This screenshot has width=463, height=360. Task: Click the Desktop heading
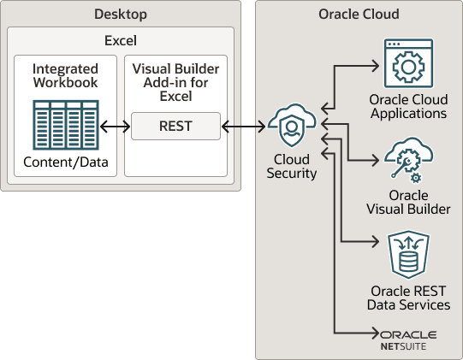click(120, 15)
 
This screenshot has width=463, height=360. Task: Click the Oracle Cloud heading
click(358, 15)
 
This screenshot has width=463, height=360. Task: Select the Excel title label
click(120, 40)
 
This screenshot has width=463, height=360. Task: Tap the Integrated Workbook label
click(64, 74)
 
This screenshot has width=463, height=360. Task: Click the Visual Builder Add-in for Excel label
click(175, 82)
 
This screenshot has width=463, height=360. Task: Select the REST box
click(175, 127)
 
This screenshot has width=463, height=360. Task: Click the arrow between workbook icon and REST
click(114, 127)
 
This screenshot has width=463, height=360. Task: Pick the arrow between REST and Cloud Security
click(243, 127)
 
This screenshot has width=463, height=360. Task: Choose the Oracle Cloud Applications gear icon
click(407, 65)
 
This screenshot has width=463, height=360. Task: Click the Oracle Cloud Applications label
click(407, 106)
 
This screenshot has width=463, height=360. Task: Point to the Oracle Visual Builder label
click(407, 202)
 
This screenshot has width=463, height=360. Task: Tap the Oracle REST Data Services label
click(407, 298)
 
